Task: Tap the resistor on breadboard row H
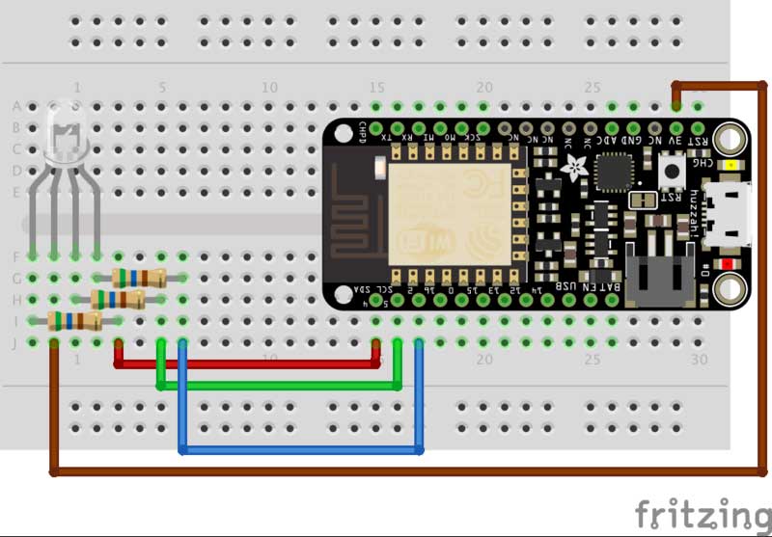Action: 118,299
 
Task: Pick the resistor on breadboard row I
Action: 74,321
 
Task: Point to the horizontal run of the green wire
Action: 280,386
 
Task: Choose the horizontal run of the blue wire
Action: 299,450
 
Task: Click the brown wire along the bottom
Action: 386,471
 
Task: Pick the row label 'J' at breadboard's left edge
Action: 15,342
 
